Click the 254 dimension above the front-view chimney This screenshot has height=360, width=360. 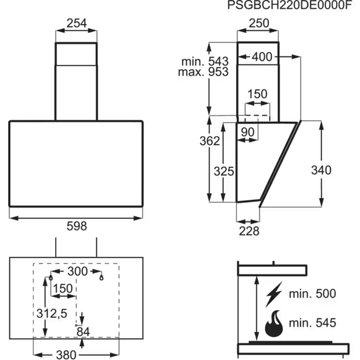(x=76, y=23)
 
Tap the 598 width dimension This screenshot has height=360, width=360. (x=76, y=226)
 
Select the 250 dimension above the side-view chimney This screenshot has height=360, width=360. (x=258, y=23)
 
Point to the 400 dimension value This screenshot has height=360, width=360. (x=262, y=57)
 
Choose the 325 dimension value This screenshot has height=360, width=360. (x=224, y=171)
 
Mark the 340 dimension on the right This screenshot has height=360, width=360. (x=321, y=170)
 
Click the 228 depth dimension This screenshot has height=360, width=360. (x=248, y=231)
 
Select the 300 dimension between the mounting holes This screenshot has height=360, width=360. (x=76, y=272)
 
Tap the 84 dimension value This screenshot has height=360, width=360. (x=83, y=331)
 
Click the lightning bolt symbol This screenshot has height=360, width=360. (x=274, y=295)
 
